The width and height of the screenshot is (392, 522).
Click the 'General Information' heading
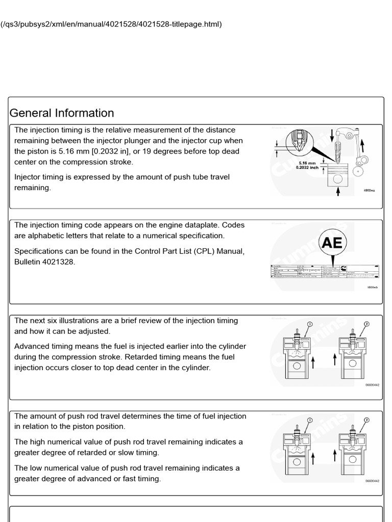(x=62, y=113)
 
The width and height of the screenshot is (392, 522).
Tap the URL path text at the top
(x=112, y=24)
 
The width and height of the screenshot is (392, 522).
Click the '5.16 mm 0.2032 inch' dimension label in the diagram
(x=307, y=165)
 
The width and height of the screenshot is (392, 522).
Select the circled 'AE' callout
(x=332, y=243)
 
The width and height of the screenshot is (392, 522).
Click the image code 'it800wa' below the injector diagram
(x=369, y=190)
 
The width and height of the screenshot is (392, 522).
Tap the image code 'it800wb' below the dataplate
(x=372, y=287)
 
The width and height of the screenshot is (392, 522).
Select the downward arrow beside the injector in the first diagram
(x=332, y=135)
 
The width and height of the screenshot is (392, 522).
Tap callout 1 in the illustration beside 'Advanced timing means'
(x=309, y=324)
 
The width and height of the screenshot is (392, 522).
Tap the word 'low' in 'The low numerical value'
(x=39, y=467)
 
